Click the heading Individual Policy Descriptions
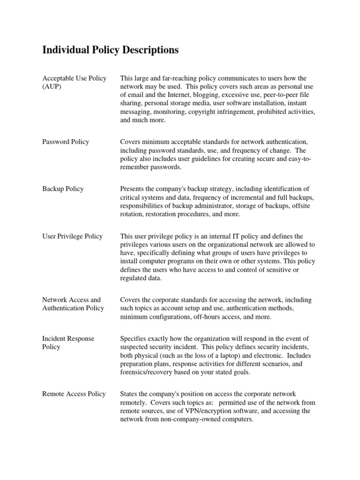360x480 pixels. click(110, 50)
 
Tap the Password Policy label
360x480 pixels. click(66, 142)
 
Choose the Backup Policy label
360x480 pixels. click(63, 188)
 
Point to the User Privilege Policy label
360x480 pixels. click(72, 236)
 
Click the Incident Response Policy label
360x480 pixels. click(68, 343)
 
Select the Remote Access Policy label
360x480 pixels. click(74, 394)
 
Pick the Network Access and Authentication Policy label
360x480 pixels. click(73, 304)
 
